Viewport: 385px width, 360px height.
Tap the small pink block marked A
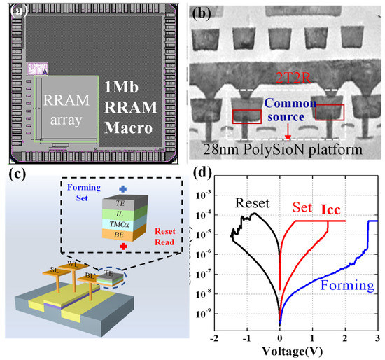coord(36,69)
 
